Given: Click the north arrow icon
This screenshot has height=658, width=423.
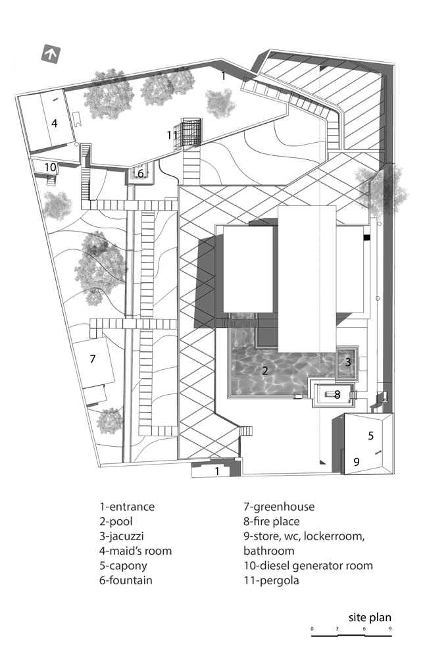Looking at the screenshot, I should point(50,54).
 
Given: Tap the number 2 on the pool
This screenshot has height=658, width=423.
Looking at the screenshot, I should point(265,370).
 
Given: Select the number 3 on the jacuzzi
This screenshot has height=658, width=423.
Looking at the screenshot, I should point(348,361).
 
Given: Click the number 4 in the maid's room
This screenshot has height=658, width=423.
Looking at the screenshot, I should point(55,122).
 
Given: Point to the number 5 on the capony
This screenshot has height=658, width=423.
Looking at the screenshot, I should point(370,435).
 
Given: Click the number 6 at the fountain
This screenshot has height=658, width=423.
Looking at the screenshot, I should point(140,174).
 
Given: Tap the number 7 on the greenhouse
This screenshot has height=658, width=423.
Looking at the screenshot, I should point(93,359).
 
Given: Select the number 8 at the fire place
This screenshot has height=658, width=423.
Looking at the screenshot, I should point(337,395).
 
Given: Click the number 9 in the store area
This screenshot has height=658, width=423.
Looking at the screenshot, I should point(357,462).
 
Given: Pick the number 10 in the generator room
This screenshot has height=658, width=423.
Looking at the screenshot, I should point(51,167).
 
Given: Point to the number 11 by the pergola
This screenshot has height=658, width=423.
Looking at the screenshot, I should point(173,135).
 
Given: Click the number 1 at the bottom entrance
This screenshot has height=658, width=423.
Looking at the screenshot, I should point(217,470).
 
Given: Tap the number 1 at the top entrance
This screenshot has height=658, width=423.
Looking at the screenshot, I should point(224,76).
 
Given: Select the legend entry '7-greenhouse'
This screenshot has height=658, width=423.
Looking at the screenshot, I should point(279,507).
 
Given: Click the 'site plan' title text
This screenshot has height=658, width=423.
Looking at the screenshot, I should point(370,617).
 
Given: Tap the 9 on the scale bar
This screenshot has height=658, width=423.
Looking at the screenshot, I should point(390,629).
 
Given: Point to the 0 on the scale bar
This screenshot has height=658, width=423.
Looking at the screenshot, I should point(312,629).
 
